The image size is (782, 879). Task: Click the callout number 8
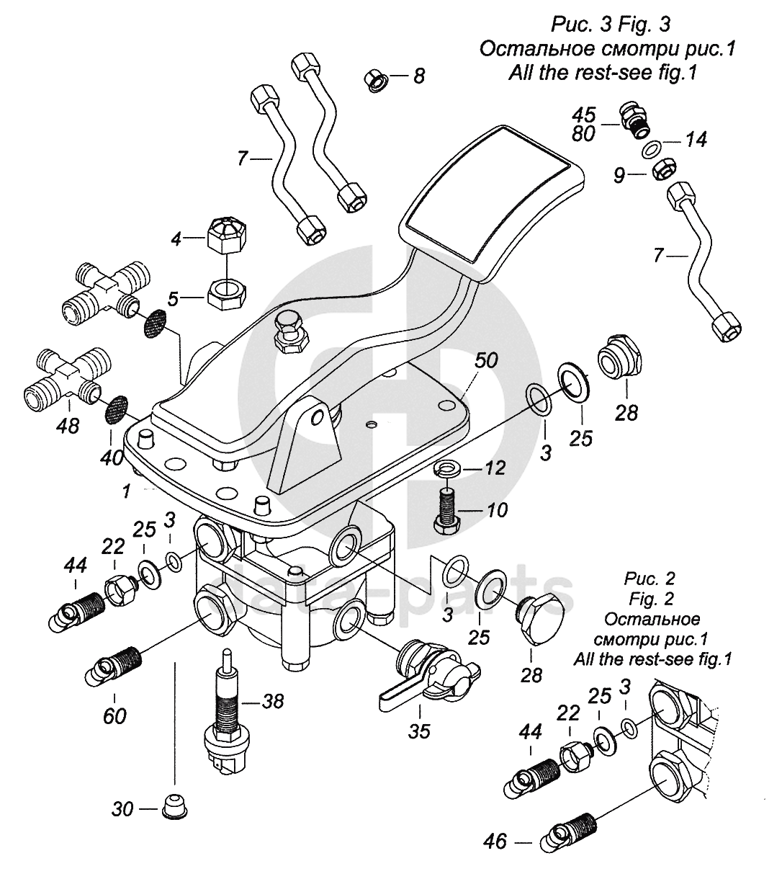tap(418, 74)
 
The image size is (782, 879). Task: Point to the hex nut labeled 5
tap(227, 293)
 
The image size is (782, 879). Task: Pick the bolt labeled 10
tap(447, 507)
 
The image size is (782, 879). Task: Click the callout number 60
tap(114, 715)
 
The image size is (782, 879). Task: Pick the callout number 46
tap(495, 841)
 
